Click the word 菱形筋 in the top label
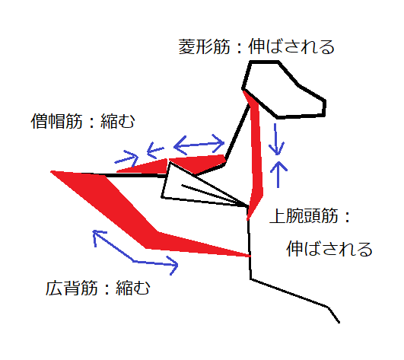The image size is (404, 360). [x=204, y=47]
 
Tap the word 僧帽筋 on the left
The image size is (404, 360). [x=57, y=121]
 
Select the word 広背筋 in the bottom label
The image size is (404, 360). [x=72, y=288]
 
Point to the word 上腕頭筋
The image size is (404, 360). [x=304, y=215]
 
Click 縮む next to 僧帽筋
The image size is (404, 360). [x=118, y=121]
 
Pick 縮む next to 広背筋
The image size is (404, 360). [x=133, y=288]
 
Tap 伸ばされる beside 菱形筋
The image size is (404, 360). [x=291, y=47]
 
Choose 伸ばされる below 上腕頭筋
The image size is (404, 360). [x=329, y=249]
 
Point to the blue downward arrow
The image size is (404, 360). [x=276, y=139]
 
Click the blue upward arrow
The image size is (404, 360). [x=278, y=174]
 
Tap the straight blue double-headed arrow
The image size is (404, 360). [x=199, y=145]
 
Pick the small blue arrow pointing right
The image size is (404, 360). [x=126, y=158]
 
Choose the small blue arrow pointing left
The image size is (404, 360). [x=155, y=150]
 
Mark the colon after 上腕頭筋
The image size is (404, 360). [x=348, y=216]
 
